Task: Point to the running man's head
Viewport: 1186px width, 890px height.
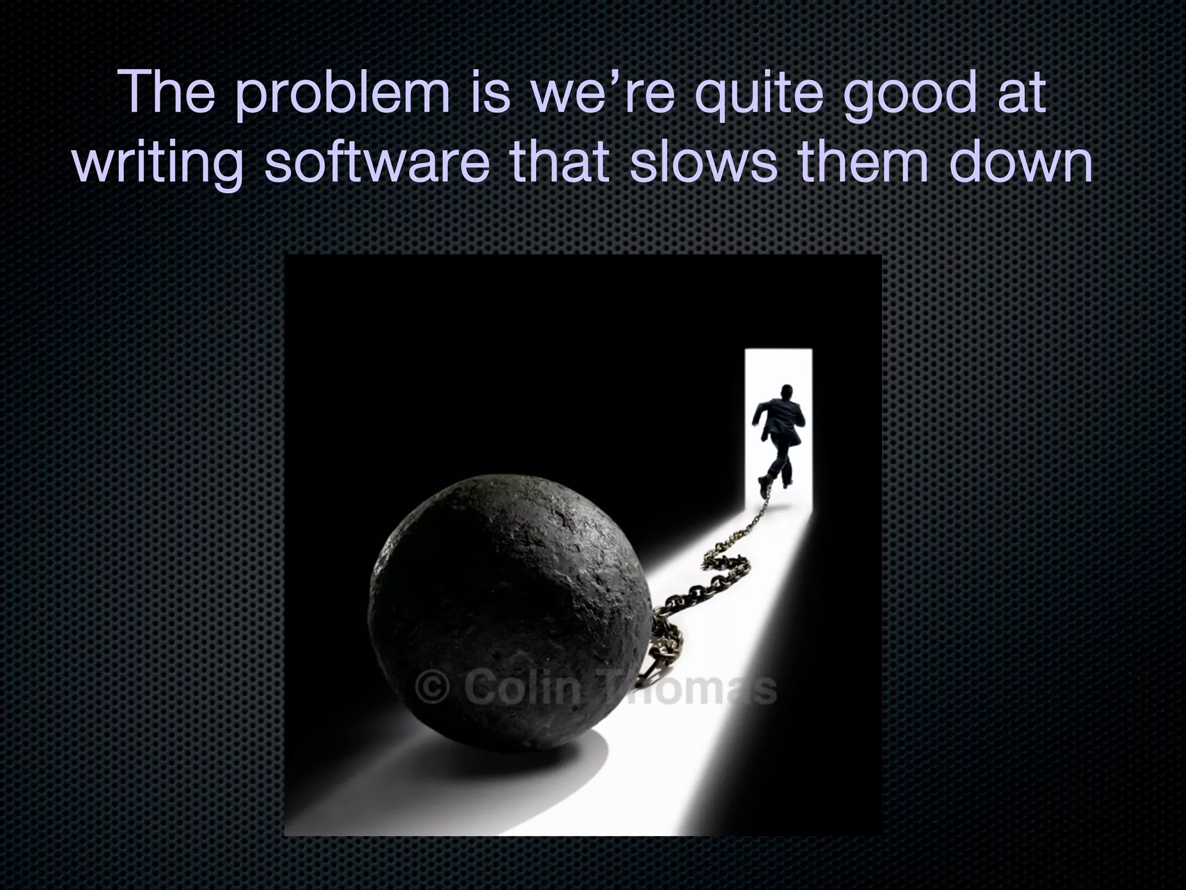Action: [x=786, y=391]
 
